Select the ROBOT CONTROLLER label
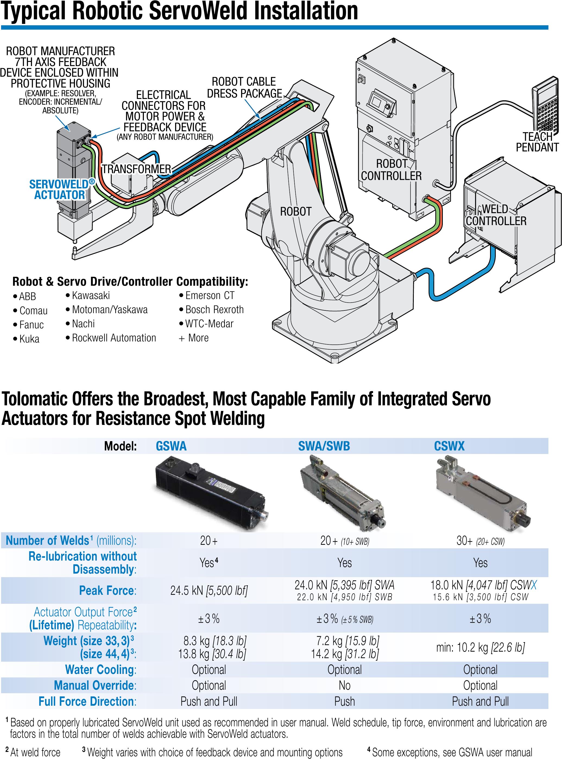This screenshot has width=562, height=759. point(391,170)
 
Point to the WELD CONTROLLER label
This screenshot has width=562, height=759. point(496,215)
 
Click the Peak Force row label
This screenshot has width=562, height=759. point(108,590)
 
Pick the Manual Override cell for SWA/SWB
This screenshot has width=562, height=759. point(344,685)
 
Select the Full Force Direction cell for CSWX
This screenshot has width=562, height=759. point(480,701)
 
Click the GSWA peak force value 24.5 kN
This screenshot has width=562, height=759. point(209,590)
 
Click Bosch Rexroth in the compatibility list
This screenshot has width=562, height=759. point(214,310)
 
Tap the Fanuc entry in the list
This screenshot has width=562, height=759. point(31,325)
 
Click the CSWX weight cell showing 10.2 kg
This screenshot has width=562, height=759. point(480,647)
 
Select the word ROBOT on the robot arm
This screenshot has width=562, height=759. point(296,211)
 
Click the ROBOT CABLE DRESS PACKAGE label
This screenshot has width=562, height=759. point(244,87)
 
